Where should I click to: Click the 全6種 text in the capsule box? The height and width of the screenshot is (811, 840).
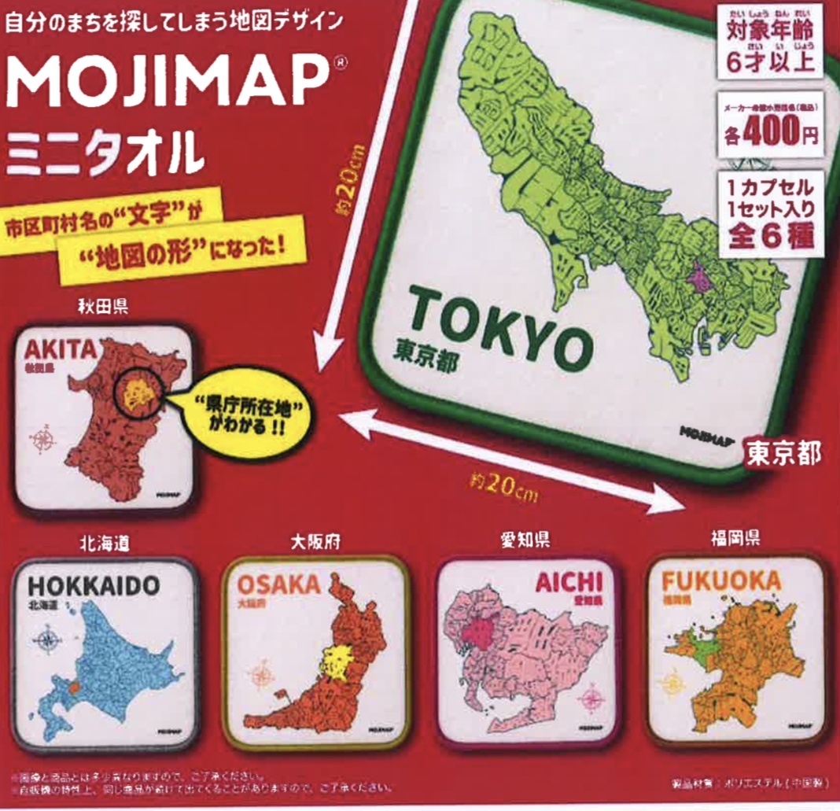[x=770, y=234]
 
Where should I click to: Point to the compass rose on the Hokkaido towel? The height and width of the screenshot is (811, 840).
[x=46, y=640]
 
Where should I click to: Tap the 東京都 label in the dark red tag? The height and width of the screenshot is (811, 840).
[x=783, y=453]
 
